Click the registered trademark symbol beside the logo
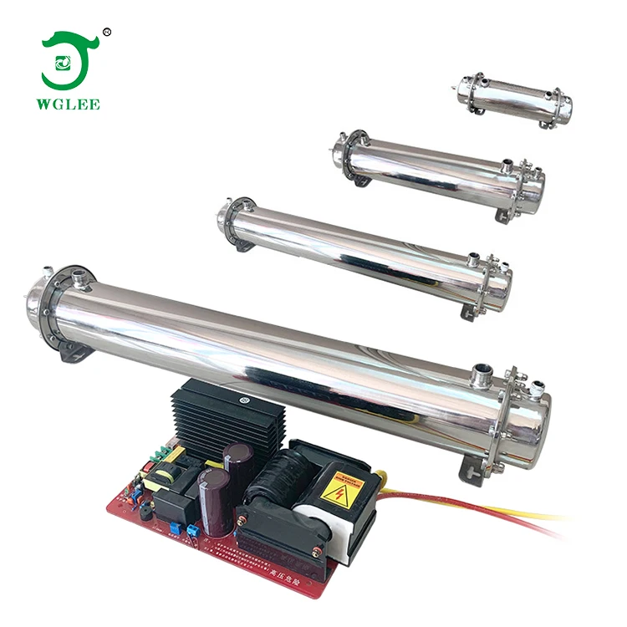(106, 33)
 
